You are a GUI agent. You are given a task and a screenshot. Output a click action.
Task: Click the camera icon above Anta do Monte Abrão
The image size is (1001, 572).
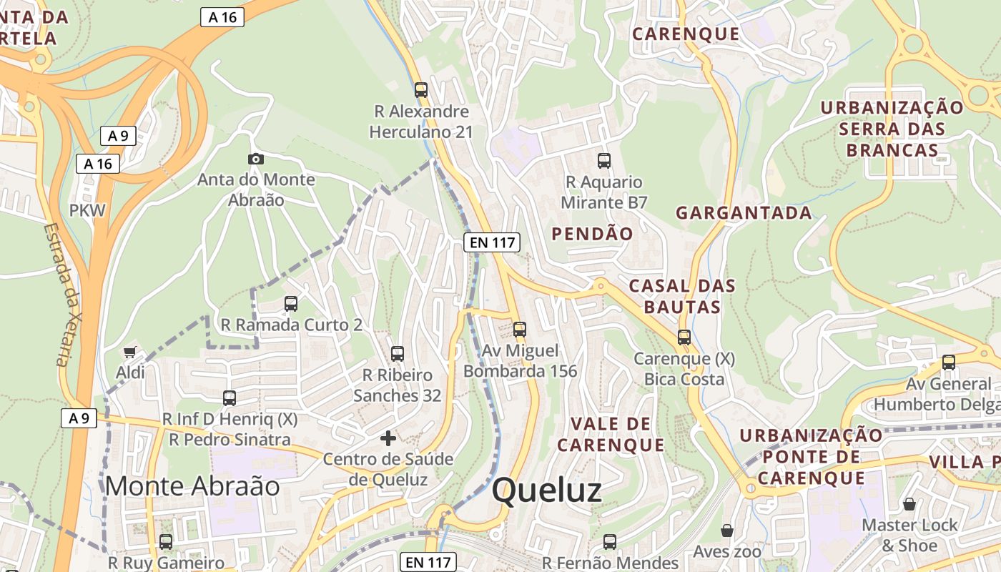click(x=255, y=159)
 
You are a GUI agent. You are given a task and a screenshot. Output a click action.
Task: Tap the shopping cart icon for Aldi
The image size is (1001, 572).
click(x=129, y=352)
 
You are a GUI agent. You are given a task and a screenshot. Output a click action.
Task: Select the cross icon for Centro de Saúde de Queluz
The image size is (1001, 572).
click(x=388, y=438)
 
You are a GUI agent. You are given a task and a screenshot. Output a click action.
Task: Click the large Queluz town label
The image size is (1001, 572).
click(x=547, y=490)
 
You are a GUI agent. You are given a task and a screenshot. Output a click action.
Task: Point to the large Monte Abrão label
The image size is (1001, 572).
click(x=192, y=486)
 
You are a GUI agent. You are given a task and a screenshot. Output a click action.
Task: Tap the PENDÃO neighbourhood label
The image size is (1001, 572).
click(x=592, y=234)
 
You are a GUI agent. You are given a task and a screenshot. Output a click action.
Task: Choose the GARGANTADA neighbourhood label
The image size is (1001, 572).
click(x=744, y=212)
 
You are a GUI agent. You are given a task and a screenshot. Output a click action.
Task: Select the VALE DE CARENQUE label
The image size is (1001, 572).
click(x=611, y=434)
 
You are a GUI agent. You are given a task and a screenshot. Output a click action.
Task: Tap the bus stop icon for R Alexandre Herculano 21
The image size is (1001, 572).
click(x=421, y=90)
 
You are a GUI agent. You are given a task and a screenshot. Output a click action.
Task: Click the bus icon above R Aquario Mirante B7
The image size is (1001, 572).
click(x=604, y=161)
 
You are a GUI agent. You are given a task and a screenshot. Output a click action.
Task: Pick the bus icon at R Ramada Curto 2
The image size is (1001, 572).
click(x=291, y=303)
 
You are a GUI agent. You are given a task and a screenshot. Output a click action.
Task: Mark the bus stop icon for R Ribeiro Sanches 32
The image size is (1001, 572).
click(x=398, y=353)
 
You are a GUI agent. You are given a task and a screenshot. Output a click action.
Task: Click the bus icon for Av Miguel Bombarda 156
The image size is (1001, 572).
click(x=520, y=330)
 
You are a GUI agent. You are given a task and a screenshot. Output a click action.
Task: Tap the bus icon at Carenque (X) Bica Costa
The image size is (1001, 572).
click(x=684, y=337)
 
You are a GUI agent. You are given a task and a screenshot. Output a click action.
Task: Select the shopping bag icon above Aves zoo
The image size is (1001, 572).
click(x=726, y=531)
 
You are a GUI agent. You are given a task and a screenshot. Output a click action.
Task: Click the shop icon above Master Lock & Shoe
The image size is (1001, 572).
click(x=909, y=504)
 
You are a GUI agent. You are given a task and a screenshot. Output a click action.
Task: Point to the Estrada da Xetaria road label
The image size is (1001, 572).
click(x=64, y=295)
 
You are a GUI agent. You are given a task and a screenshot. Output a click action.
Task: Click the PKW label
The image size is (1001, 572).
click(x=87, y=210)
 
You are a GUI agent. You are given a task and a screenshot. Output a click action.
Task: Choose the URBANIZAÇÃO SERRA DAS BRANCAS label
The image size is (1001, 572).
click(x=892, y=129)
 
